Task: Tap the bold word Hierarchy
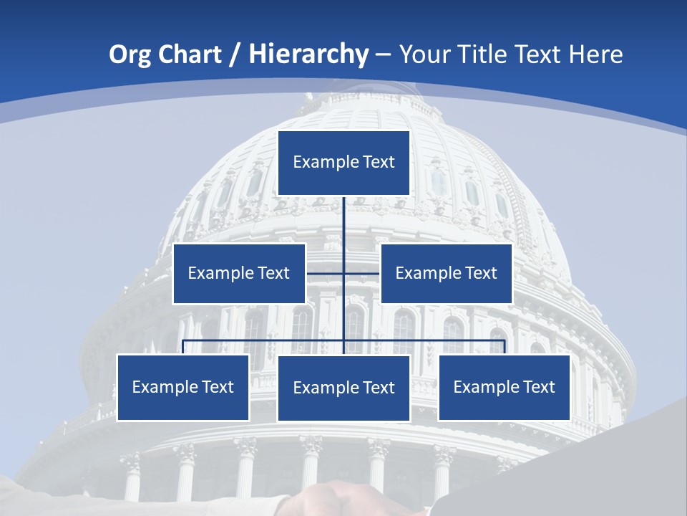click(x=308, y=54)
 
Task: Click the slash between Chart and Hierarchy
click(x=233, y=55)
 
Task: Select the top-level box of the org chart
click(x=343, y=163)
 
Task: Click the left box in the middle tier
click(x=239, y=273)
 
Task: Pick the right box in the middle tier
click(x=446, y=273)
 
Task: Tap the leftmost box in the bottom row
click(x=183, y=388)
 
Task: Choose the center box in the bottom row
click(x=343, y=388)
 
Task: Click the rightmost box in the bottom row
click(x=504, y=388)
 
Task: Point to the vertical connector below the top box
click(x=344, y=222)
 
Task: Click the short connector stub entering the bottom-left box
click(x=183, y=347)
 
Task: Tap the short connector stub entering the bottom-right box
click(x=505, y=347)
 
